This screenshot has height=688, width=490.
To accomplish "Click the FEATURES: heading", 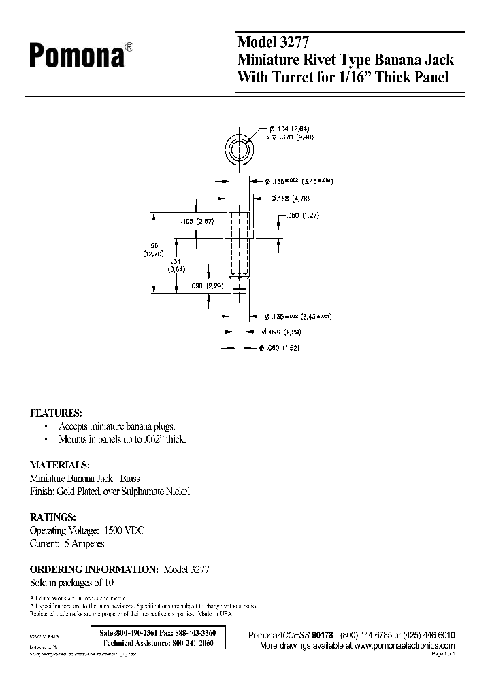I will (56, 413).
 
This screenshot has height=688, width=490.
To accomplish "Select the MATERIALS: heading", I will (60, 465).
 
